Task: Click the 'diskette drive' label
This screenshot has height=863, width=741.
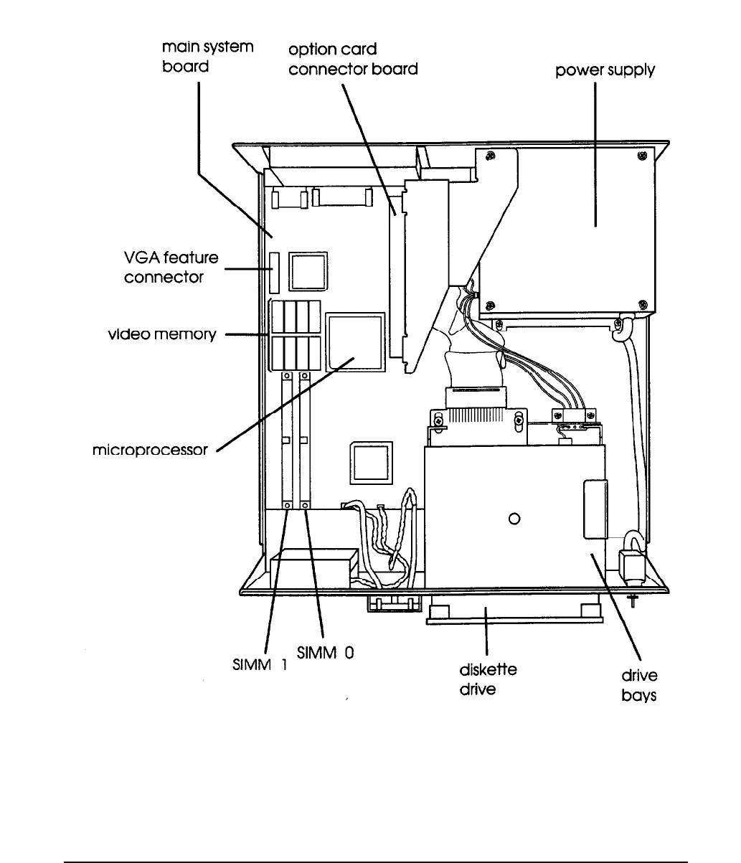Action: click(488, 681)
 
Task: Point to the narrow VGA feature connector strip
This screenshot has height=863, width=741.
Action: click(273, 273)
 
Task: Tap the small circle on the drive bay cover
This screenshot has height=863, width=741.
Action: click(514, 519)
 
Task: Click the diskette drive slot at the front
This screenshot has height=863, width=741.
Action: click(514, 612)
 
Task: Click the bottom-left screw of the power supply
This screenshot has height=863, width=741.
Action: click(489, 302)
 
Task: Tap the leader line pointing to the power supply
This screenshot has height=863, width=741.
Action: click(595, 151)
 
